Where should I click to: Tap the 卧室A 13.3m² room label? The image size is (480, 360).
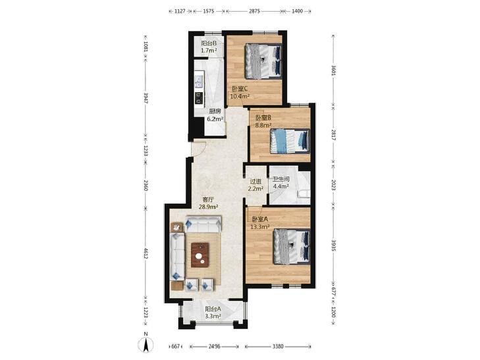coord(260,223)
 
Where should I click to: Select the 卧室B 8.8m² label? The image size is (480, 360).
coord(263,121)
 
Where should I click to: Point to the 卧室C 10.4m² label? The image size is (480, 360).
coord(240,92)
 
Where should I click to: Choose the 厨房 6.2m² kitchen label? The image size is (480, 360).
coord(215,115)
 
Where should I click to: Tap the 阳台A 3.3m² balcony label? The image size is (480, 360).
coord(213,313)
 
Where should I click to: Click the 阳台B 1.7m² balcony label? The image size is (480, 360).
coord(209,47)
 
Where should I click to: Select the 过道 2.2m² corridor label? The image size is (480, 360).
coord(255,185)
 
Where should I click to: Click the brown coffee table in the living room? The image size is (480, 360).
coord(200,255)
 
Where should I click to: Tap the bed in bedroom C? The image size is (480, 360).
coord(263,61)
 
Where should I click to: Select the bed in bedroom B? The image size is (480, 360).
coord(290,141)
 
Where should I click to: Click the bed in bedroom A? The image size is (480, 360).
coord(292,247)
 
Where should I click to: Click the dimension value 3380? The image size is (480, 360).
coord(278,347)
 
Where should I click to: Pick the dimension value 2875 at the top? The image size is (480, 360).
coord(254,11)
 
